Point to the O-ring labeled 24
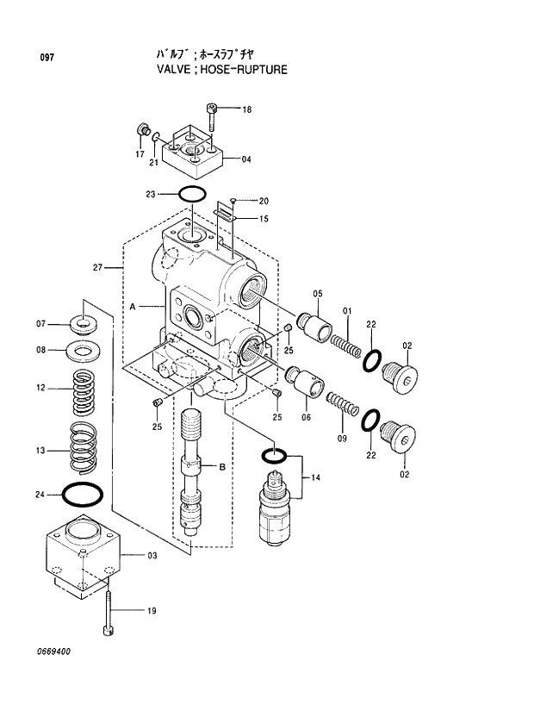(x=84, y=495)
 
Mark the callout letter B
(x=221, y=467)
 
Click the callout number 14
(x=315, y=477)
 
